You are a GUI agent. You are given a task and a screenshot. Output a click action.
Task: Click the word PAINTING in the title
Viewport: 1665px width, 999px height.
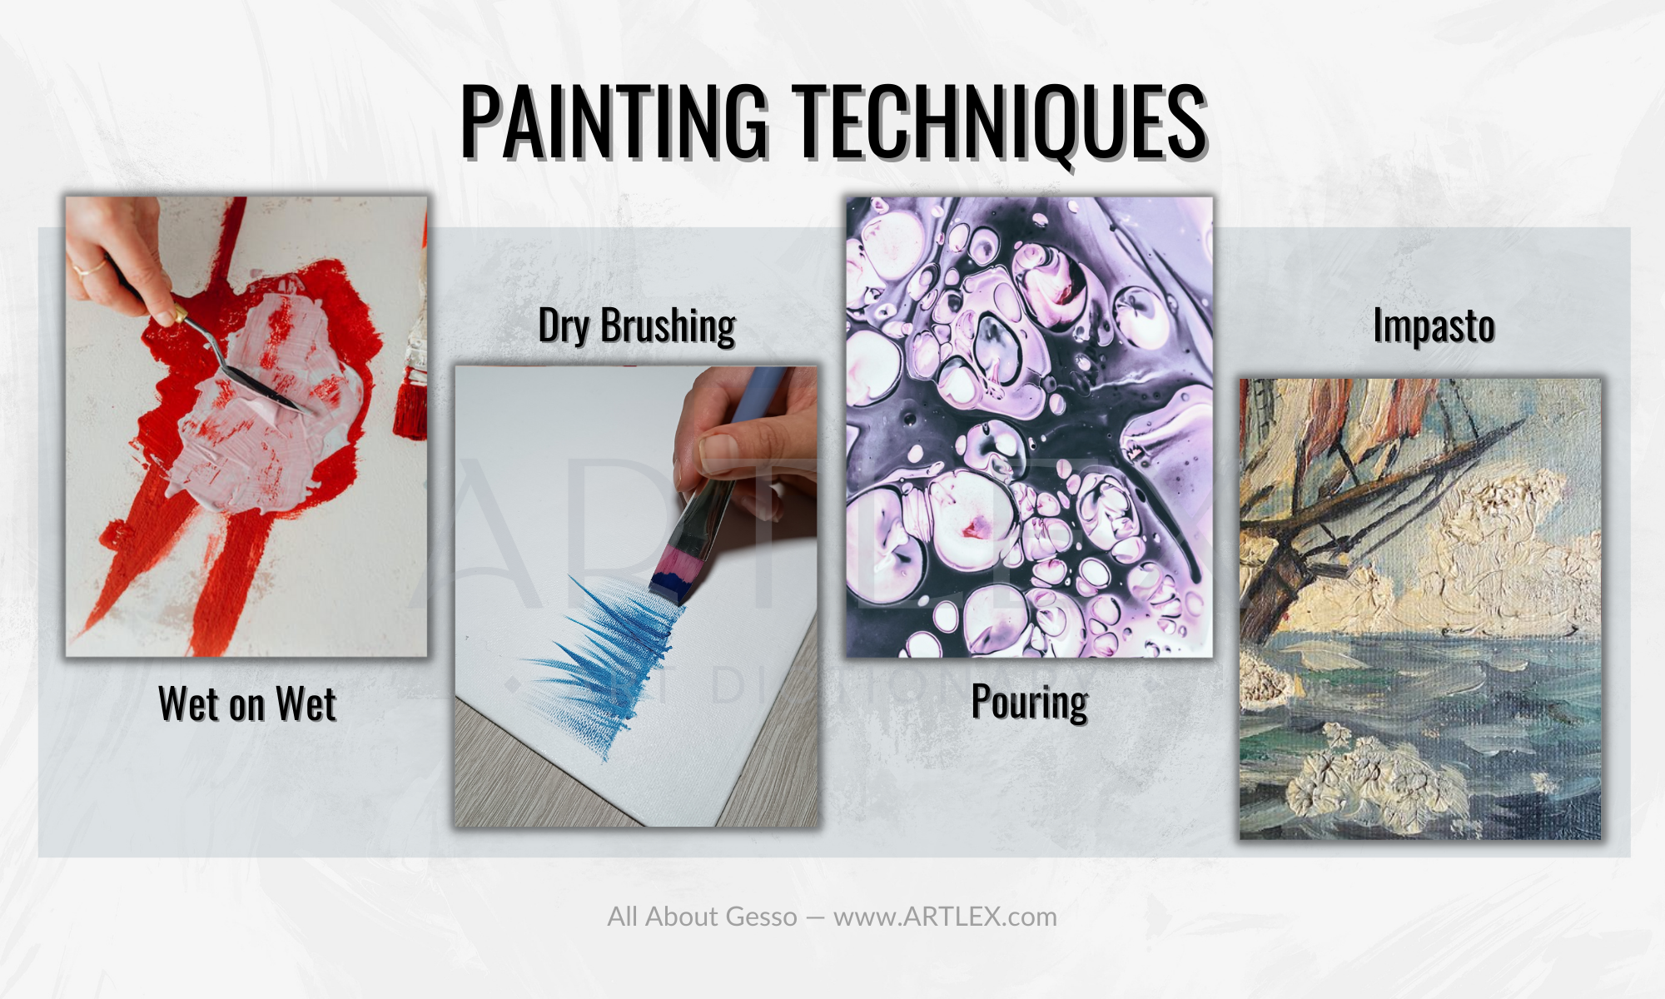coord(614,121)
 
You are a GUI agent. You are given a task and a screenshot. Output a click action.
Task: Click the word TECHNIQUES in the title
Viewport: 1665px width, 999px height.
coord(998,122)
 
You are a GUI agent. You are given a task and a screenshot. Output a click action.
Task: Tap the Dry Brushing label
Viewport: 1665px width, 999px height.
coord(637,325)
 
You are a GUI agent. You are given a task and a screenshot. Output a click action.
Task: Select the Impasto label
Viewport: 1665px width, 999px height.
coord(1434,326)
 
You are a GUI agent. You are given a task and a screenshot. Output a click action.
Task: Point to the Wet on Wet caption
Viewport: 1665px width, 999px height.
coord(247,704)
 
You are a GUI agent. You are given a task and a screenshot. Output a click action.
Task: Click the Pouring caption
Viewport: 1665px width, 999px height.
coord(1030,702)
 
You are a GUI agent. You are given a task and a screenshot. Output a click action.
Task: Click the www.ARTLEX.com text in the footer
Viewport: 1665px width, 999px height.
coord(945,917)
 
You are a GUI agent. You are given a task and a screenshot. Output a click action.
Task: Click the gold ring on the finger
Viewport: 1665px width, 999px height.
coord(88,269)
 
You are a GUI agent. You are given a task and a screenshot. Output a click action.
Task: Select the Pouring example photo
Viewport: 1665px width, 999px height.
coord(1030,427)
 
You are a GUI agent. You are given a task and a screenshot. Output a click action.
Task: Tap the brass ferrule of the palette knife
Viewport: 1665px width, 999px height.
coord(176,314)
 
